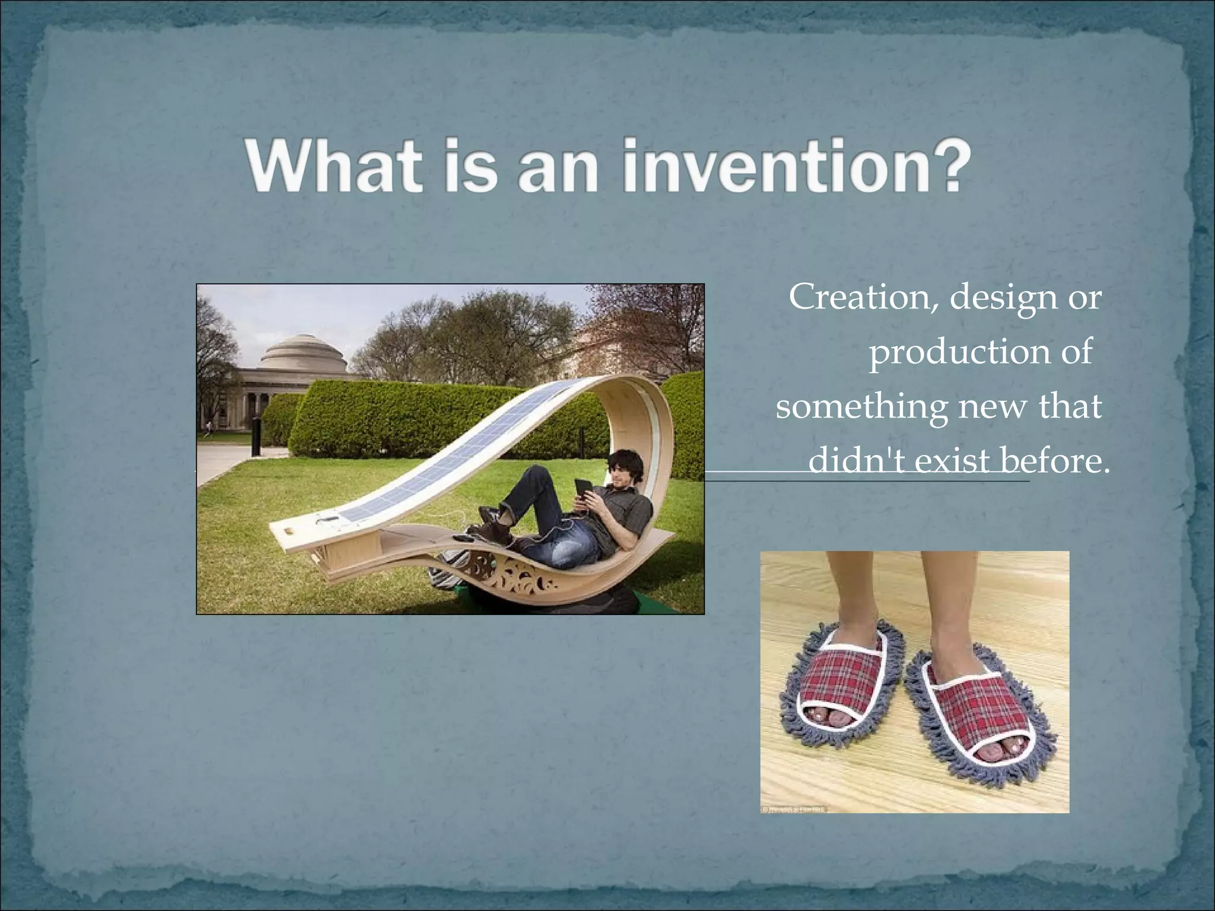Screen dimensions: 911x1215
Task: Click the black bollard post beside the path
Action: tap(256, 436)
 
